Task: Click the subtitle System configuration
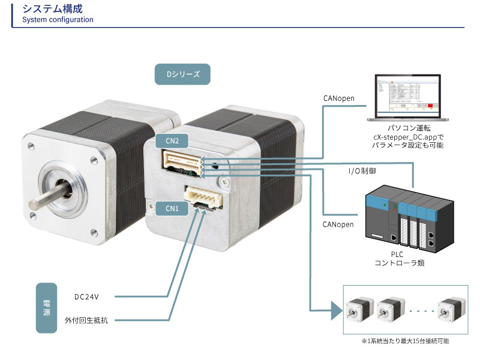pos(58,20)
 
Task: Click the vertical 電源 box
pos(47,308)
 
